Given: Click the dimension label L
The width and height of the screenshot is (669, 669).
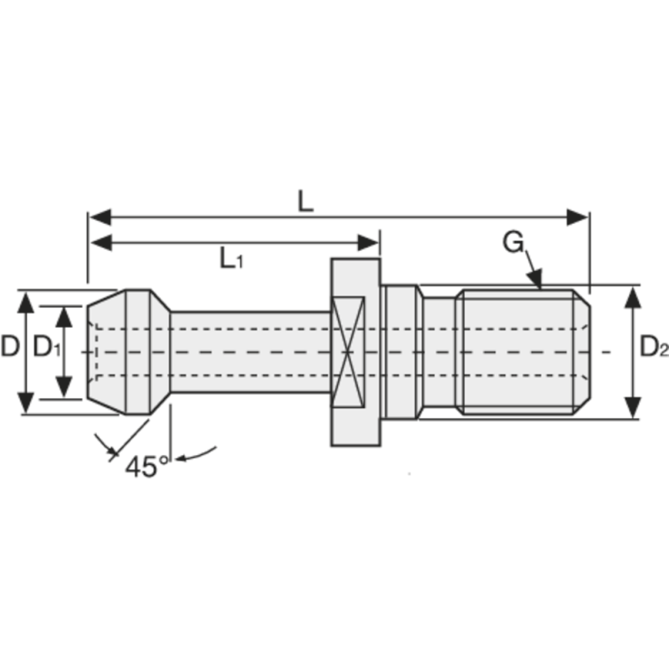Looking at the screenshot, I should pos(306,201).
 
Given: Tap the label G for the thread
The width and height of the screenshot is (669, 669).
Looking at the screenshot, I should pos(513,243).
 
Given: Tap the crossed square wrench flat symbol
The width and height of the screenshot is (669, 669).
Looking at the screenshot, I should pos(350,351).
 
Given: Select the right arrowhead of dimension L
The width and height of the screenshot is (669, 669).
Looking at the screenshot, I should pos(579,217).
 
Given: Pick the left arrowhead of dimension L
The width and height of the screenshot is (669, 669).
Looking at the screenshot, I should pos(100,217).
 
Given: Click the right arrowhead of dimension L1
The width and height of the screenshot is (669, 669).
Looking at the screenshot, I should pos(369,243).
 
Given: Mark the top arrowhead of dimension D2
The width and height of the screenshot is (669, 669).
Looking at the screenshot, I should pos(633,295).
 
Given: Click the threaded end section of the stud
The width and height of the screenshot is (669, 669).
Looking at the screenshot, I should pos(523,351).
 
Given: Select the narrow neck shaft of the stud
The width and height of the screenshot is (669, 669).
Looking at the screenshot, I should pos(251,351).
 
